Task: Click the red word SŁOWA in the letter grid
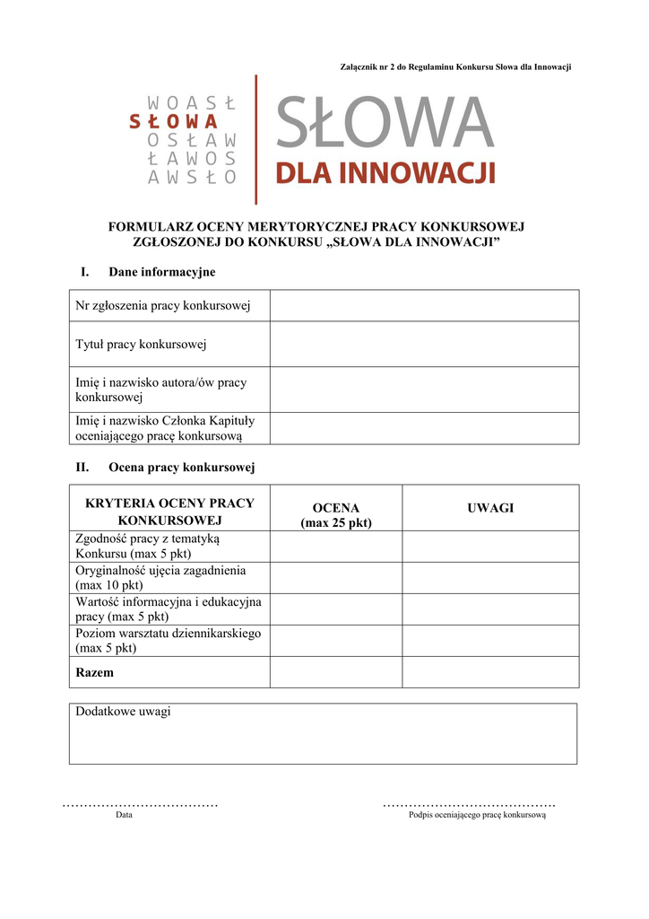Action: pyautogui.click(x=173, y=122)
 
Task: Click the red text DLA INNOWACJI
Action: pyautogui.click(x=385, y=171)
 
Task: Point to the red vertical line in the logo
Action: pyautogui.click(x=255, y=139)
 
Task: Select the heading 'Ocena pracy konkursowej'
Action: pyautogui.click(x=181, y=468)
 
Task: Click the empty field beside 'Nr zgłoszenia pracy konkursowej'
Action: pyautogui.click(x=424, y=306)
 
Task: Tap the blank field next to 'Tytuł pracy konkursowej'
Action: pyautogui.click(x=424, y=344)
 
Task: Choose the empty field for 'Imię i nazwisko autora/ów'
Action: pyautogui.click(x=424, y=389)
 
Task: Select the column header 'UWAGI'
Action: pyautogui.click(x=489, y=508)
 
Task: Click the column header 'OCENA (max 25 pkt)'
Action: pyautogui.click(x=335, y=515)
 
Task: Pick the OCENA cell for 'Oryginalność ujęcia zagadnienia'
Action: pyautogui.click(x=335, y=577)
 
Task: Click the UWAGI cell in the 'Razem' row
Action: pyautogui.click(x=489, y=671)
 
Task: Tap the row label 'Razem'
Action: pyautogui.click(x=95, y=671)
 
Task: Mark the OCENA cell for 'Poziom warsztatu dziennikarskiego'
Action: pyautogui.click(x=335, y=640)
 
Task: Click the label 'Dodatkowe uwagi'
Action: pyautogui.click(x=123, y=712)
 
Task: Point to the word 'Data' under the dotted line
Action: pyautogui.click(x=124, y=815)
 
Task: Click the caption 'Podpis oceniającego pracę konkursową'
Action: pyautogui.click(x=477, y=815)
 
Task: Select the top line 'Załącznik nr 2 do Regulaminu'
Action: pyautogui.click(x=456, y=67)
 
